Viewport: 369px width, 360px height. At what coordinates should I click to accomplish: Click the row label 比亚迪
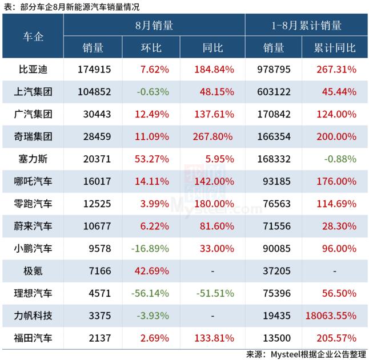(x=33, y=70)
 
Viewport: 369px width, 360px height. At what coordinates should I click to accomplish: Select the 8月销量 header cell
(x=154, y=26)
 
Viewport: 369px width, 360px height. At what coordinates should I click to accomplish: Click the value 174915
(x=93, y=70)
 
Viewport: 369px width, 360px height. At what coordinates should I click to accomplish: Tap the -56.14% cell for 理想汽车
(x=150, y=293)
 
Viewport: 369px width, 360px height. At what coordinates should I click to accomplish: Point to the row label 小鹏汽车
(x=33, y=248)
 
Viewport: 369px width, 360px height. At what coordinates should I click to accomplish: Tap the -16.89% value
(x=150, y=248)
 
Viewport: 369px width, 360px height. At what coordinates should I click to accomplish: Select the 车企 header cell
(x=33, y=37)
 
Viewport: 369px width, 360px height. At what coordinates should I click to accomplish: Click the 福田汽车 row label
(x=33, y=337)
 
